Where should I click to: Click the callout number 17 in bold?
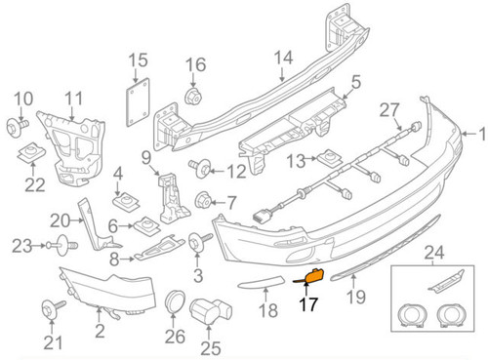(x=308, y=304)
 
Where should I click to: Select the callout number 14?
(x=283, y=57)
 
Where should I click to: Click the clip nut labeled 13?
(x=331, y=157)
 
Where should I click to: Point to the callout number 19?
(x=357, y=295)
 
